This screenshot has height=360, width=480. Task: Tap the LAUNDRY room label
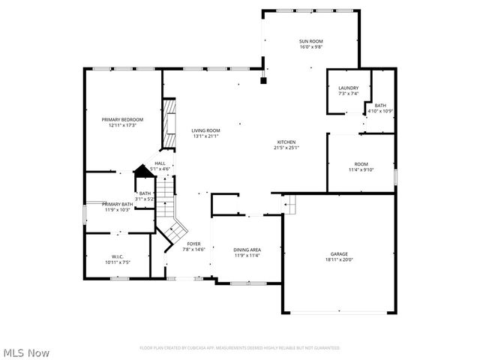pos(348,88)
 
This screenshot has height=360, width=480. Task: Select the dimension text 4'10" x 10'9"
pos(380,111)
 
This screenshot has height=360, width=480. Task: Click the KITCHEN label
pos(286,142)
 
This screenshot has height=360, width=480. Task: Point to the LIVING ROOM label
pos(205,130)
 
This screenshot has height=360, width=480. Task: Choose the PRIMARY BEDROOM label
pos(122,119)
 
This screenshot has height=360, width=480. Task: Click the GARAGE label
pos(340,254)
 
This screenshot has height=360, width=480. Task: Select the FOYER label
pos(193,244)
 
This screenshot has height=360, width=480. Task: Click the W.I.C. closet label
pos(116,257)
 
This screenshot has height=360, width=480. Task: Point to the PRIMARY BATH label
pos(117,204)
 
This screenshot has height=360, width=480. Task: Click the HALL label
pos(160,163)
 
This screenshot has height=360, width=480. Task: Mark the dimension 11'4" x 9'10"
pos(361,169)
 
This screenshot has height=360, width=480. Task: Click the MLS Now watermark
pos(26,352)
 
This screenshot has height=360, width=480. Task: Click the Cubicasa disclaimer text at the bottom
pos(239,348)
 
